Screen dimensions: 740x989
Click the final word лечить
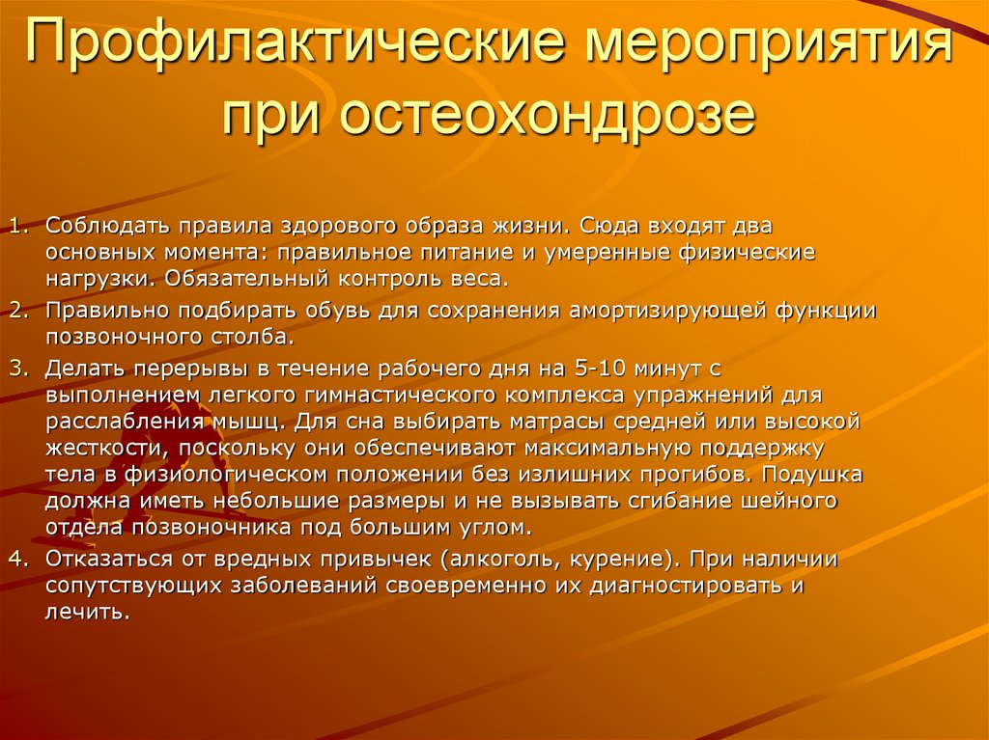coord(86,612)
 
